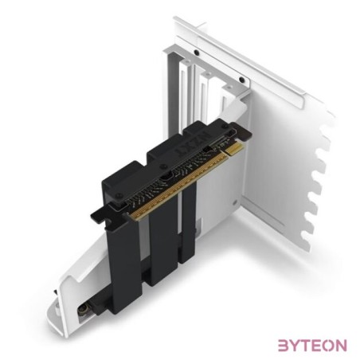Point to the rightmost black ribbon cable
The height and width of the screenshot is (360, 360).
click(186, 223)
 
